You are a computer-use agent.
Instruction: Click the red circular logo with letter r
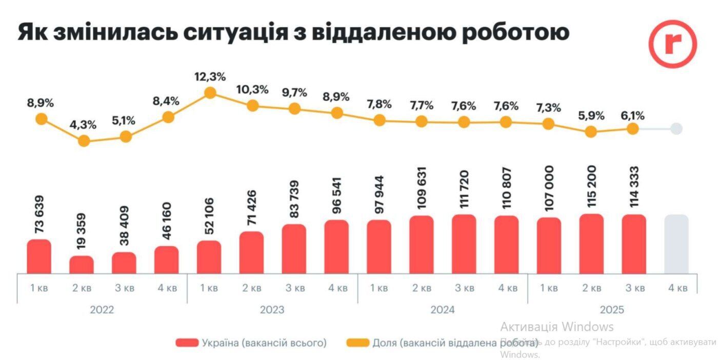[x=672, y=44]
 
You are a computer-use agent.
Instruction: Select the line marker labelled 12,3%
[x=210, y=93]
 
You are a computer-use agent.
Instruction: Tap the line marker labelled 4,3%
[x=84, y=141]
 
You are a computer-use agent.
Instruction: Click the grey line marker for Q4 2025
[x=676, y=129]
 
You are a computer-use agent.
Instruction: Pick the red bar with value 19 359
[x=82, y=265]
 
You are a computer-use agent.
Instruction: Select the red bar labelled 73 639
[x=39, y=256]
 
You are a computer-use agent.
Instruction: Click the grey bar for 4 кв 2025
[x=676, y=244]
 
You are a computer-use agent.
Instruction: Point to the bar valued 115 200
[x=591, y=244]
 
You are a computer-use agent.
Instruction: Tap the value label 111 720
[x=465, y=192]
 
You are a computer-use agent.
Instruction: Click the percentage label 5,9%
[x=591, y=115]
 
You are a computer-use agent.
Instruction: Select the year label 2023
[x=272, y=310]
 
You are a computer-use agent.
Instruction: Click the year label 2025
[x=612, y=310]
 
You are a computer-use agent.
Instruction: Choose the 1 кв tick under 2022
[x=39, y=288]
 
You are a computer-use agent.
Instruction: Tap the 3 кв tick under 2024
[x=464, y=288]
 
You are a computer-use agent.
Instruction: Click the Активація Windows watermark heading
[x=557, y=327]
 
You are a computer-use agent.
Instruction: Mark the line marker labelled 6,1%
[x=633, y=129]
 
